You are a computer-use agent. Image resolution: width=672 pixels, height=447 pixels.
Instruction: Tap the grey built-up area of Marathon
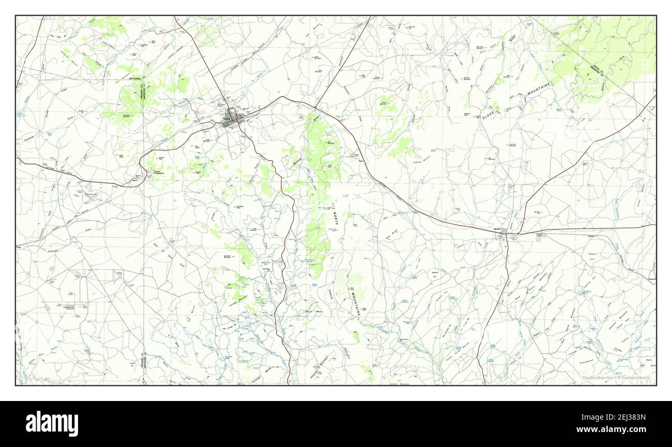(500, 236)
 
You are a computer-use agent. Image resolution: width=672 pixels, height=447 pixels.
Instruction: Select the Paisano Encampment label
(159, 173)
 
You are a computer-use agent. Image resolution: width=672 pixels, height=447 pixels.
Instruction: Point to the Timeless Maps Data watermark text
(615, 378)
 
